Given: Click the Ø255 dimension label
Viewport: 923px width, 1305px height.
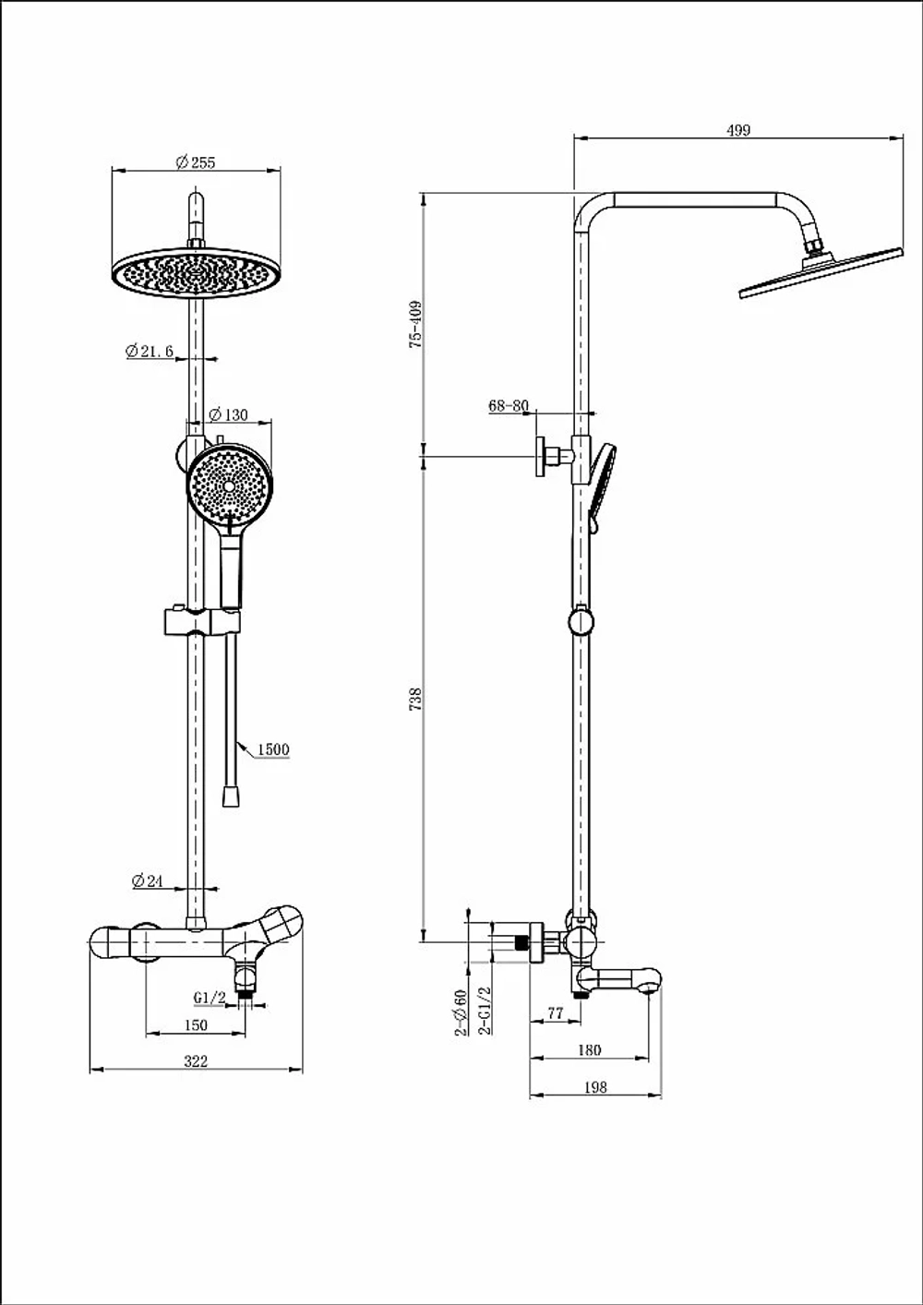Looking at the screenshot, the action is (196, 162).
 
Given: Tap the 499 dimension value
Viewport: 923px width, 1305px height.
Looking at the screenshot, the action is (738, 130).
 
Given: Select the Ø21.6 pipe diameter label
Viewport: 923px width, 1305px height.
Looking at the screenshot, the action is (150, 351).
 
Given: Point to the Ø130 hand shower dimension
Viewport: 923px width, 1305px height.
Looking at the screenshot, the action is (228, 414).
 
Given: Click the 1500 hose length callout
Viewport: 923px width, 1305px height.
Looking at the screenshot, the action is (273, 749).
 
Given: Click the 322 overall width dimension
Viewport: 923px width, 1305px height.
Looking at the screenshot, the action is (196, 1061).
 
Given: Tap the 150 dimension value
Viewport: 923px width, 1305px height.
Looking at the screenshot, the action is (196, 1024).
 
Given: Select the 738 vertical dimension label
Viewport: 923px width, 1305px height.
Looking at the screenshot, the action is (415, 700).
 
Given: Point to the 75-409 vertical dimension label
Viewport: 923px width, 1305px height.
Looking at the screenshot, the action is (415, 325).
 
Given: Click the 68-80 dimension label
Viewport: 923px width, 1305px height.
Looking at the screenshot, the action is (509, 405).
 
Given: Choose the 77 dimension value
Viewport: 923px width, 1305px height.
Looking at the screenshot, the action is (556, 1013).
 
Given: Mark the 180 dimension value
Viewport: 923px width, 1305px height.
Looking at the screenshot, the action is (589, 1050).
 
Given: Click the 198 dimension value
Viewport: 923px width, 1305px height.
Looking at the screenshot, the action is (595, 1087).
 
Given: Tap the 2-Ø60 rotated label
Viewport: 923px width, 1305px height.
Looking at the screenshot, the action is (461, 1013).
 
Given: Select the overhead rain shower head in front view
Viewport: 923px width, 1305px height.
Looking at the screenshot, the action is (196, 272).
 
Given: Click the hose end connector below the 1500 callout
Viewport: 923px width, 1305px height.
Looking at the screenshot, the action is (232, 796).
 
